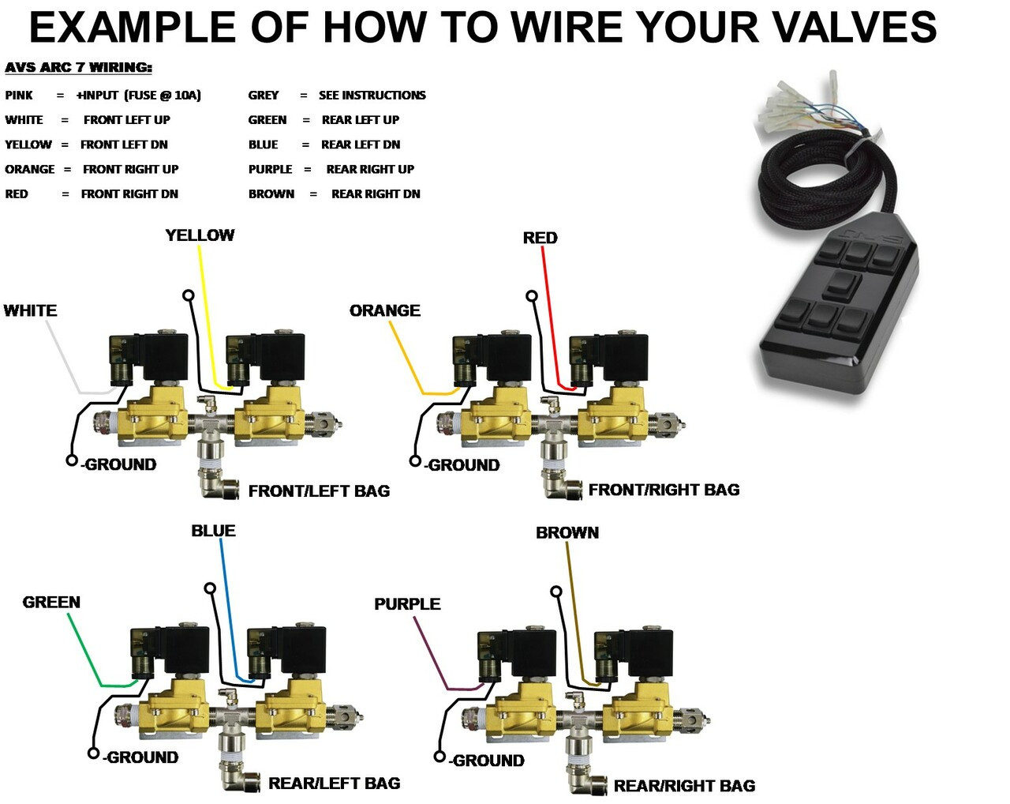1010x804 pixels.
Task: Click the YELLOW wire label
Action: point(200,235)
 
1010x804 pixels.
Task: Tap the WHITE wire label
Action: point(30,310)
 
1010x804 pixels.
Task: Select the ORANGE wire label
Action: point(384,310)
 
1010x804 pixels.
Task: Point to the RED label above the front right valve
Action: point(540,238)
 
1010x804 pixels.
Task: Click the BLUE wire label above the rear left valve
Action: point(213,531)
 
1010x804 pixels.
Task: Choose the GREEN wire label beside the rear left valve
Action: point(51,602)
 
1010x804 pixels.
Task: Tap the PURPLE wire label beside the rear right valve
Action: point(407,604)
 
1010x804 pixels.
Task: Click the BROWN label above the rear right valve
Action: point(567,533)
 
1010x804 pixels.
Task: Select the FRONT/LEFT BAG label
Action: point(319,491)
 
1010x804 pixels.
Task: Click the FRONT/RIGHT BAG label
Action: point(664,490)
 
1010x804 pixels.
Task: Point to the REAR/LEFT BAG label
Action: point(334,783)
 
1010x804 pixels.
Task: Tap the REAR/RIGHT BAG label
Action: point(684,786)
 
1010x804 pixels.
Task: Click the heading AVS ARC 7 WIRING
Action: point(78,68)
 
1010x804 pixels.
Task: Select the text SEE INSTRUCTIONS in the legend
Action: point(372,96)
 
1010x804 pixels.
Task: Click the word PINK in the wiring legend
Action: point(19,96)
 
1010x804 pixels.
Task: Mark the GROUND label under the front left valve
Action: point(120,464)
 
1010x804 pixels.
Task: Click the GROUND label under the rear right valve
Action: point(488,761)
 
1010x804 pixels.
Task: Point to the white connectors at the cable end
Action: point(789,107)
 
